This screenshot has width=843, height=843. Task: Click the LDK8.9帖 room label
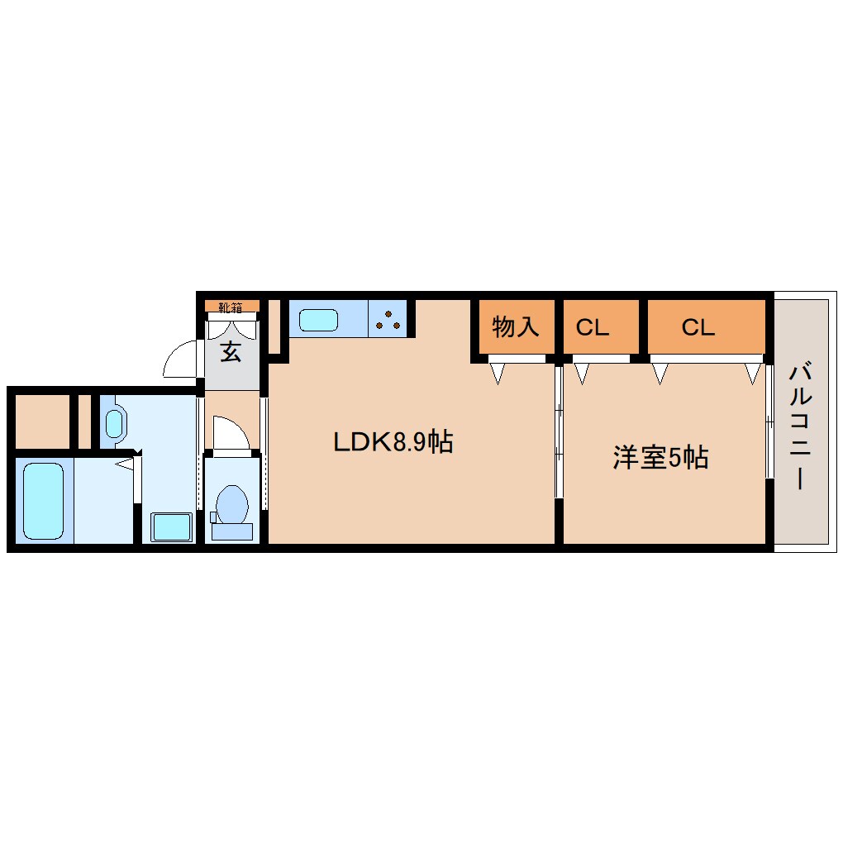click(393, 442)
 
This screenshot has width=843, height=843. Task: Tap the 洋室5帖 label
click(660, 457)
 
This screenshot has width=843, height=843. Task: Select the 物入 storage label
click(516, 327)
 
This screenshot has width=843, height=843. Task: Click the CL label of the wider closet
click(698, 327)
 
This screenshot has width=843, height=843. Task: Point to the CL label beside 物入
click(592, 327)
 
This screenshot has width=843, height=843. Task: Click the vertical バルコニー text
click(799, 426)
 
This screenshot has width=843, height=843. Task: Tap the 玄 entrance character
click(231, 353)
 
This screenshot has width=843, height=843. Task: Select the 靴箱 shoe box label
click(231, 307)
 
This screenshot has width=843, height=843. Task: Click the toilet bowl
click(233, 502)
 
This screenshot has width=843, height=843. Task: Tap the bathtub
click(43, 499)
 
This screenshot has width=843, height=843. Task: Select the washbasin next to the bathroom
click(114, 422)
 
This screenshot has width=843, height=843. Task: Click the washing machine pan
click(171, 526)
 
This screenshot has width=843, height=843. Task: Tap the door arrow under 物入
click(498, 374)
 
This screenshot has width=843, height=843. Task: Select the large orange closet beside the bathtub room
click(42, 421)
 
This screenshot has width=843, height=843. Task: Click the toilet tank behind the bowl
click(214, 517)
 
